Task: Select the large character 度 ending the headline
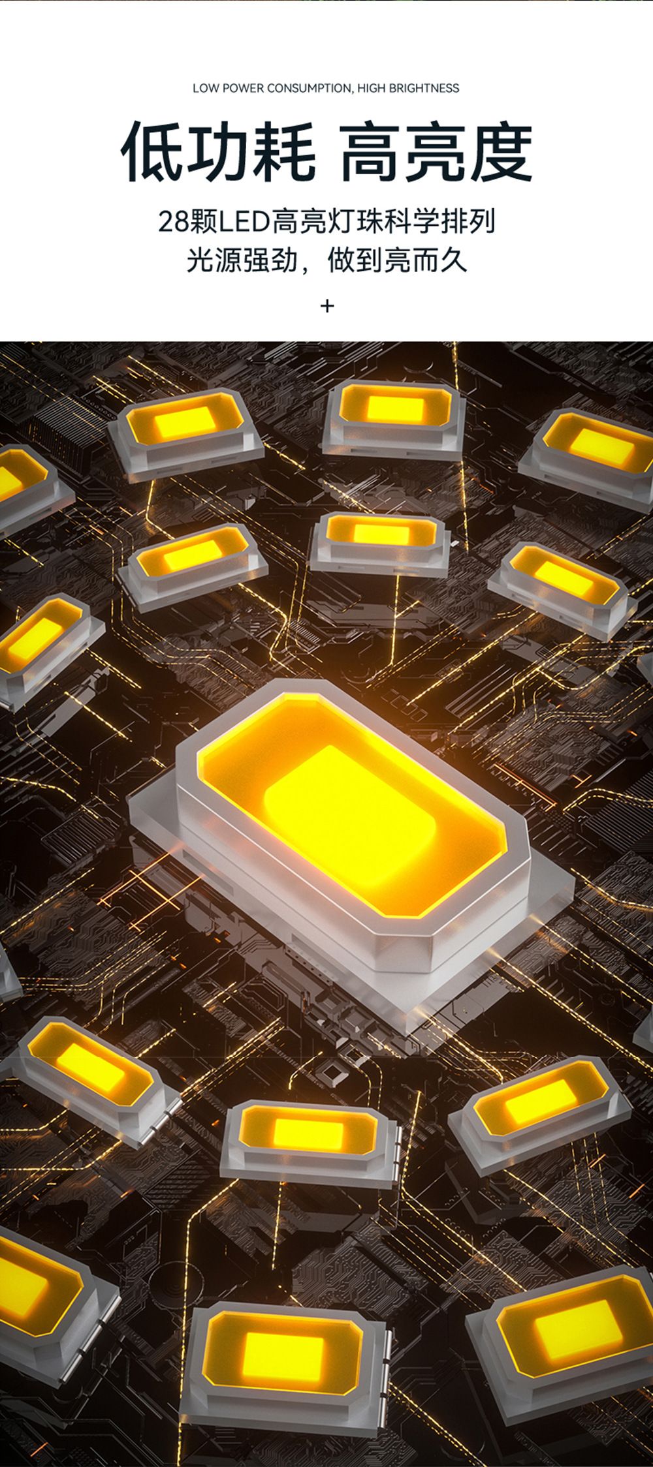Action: (x=500, y=151)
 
